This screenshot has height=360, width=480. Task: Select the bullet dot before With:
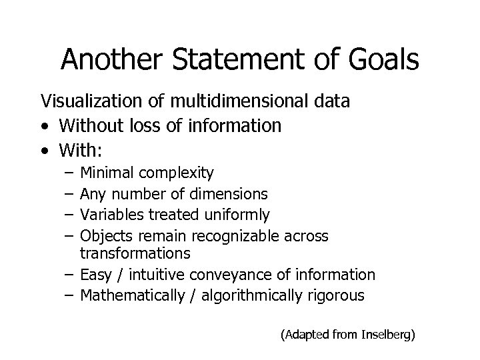tap(44, 149)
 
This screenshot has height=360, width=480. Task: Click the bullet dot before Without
tap(44, 125)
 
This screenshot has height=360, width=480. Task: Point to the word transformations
tap(135, 253)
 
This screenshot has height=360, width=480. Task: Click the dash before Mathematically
tap(70, 295)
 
